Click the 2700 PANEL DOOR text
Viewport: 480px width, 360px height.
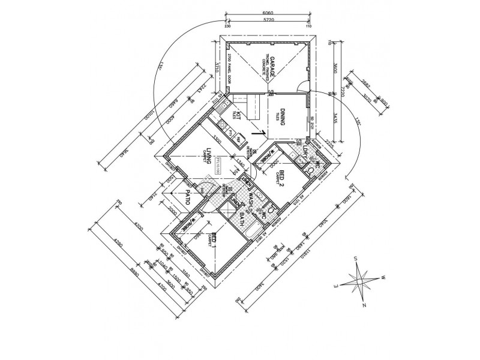pos(231,71)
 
